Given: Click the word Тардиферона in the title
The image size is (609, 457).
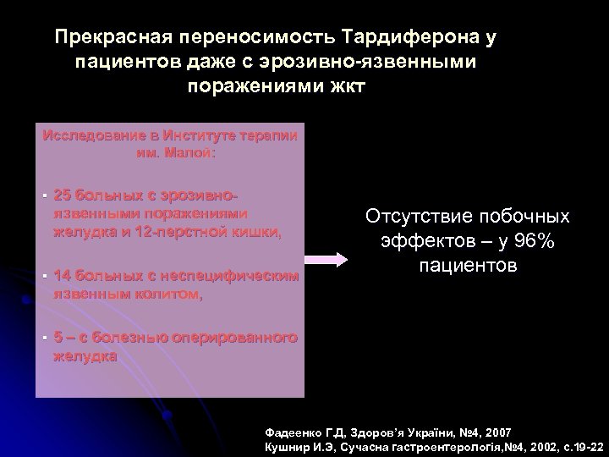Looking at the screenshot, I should click(404, 38).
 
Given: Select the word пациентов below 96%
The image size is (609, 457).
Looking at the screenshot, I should click(467, 266).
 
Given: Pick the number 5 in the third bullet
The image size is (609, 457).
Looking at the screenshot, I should click(58, 339).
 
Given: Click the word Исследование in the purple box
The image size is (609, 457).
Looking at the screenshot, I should click(87, 135).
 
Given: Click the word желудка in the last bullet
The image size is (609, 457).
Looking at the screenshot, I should click(85, 356).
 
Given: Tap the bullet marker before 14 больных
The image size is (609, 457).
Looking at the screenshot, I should click(42, 277).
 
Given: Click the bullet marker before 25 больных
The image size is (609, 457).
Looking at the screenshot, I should click(42, 192).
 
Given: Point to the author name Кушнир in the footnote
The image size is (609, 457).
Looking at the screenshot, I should click(289, 445).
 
